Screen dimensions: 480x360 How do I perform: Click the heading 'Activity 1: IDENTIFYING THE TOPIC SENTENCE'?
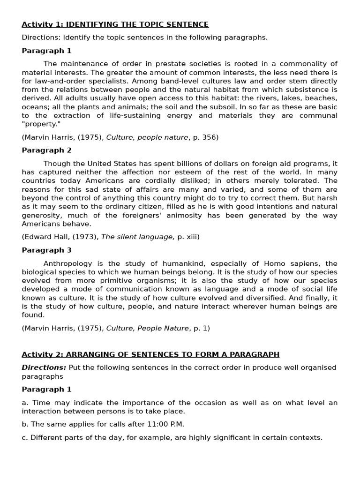[x=115, y=24]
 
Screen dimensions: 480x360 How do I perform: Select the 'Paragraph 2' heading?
[x=46, y=150]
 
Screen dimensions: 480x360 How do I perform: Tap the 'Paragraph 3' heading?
[x=46, y=250]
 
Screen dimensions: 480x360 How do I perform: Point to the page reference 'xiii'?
[x=191, y=237]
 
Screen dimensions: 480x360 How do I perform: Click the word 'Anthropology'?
[x=67, y=263]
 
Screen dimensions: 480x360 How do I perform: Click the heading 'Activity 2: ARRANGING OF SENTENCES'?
[x=150, y=354]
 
